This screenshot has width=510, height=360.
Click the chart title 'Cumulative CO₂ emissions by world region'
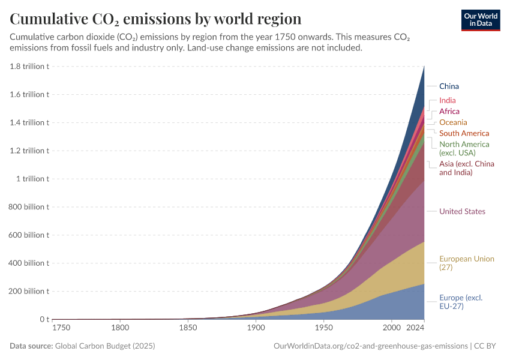[155, 19]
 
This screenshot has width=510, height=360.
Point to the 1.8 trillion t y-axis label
[29, 66]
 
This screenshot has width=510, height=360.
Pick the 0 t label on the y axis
[44, 319]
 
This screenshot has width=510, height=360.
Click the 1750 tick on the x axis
[61, 328]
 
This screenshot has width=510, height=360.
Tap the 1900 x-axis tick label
[256, 328]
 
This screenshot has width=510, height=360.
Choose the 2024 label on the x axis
[415, 328]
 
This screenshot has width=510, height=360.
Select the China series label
[449, 86]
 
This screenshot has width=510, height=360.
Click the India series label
[447, 100]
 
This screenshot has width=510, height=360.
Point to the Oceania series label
[453, 122]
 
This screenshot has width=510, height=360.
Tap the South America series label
[464, 133]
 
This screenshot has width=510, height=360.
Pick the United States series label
[462, 211]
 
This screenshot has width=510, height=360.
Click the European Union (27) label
[466, 263]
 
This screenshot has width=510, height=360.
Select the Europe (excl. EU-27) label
[460, 302]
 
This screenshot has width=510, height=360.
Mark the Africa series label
[449, 112]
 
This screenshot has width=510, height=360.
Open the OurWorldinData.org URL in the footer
[370, 346]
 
